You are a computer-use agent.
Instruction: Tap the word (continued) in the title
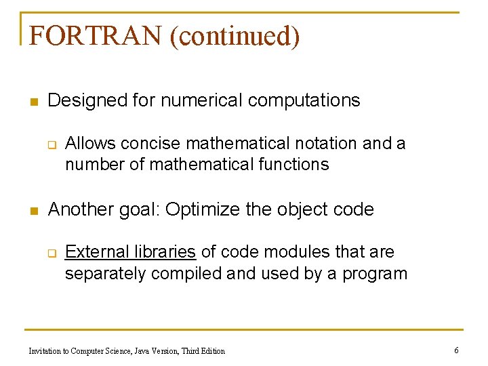click(235, 36)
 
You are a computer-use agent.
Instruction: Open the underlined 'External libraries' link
click(131, 252)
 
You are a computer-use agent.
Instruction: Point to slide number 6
click(457, 350)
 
